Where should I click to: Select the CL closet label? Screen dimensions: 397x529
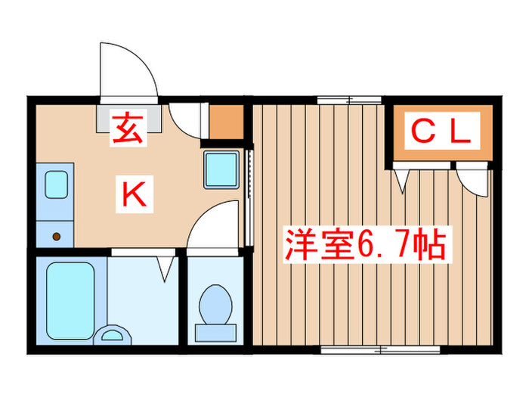pos(441,133)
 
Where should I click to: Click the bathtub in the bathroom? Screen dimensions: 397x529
pos(70,299)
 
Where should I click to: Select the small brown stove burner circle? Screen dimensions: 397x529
pos(57,236)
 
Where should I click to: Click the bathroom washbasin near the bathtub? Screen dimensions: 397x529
pos(114,333)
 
